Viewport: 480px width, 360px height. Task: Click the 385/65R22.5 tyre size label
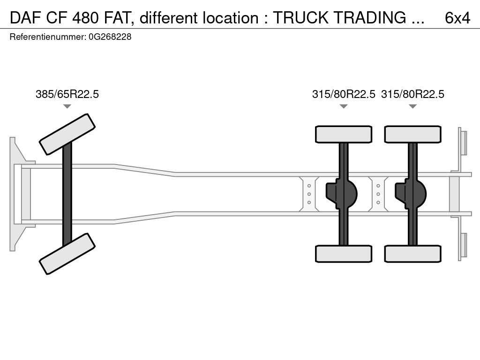[67, 94]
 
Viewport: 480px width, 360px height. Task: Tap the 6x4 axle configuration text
[457, 18]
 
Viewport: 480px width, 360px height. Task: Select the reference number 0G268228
[110, 37]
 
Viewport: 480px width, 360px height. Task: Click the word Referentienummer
[48, 37]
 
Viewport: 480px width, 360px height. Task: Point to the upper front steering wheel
[67, 134]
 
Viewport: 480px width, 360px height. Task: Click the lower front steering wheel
[67, 254]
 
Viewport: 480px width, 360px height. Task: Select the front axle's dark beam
[67, 194]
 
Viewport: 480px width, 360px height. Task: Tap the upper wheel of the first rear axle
[344, 134]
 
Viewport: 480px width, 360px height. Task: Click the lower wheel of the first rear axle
[344, 254]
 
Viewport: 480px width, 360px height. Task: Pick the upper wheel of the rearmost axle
[412, 134]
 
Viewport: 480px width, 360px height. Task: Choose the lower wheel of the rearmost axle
[412, 254]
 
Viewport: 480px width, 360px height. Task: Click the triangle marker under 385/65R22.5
[67, 106]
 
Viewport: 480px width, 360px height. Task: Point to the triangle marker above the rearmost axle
[412, 106]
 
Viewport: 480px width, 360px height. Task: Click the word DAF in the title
[26, 18]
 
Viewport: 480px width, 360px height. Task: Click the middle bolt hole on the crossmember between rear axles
[378, 194]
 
